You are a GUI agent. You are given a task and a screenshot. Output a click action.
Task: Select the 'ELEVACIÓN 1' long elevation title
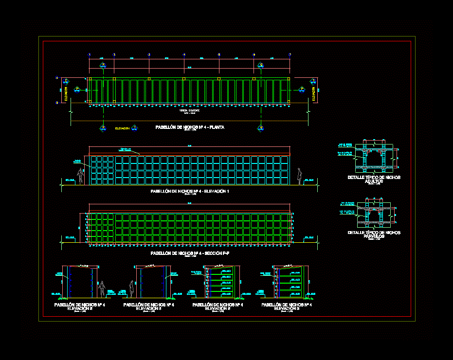[x=190, y=192]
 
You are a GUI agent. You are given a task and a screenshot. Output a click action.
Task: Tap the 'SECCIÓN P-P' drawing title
[x=190, y=253]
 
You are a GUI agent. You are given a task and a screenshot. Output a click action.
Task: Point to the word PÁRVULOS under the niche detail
[x=374, y=236]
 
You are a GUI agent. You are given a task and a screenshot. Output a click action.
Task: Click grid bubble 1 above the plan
[x=89, y=54]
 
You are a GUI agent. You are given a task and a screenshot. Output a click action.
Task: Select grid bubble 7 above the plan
[x=290, y=54]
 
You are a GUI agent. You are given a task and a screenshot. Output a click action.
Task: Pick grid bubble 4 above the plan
[x=184, y=54]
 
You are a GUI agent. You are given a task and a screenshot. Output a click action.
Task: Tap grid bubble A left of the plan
[x=57, y=78]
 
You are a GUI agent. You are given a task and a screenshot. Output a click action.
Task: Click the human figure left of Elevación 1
[x=81, y=177]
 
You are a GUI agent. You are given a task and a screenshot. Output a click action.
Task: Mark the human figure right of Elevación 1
[x=300, y=177]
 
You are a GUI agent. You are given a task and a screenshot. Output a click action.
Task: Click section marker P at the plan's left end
[x=77, y=89]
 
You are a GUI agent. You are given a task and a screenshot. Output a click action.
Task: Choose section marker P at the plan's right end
[x=302, y=89]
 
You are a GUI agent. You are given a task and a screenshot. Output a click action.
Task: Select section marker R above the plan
[x=103, y=65]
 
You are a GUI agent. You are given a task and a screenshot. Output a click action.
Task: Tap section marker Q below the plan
[x=261, y=128]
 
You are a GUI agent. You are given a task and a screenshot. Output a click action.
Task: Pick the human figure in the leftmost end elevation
[x=102, y=289]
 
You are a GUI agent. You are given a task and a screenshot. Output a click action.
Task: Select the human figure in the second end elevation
[x=131, y=289]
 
